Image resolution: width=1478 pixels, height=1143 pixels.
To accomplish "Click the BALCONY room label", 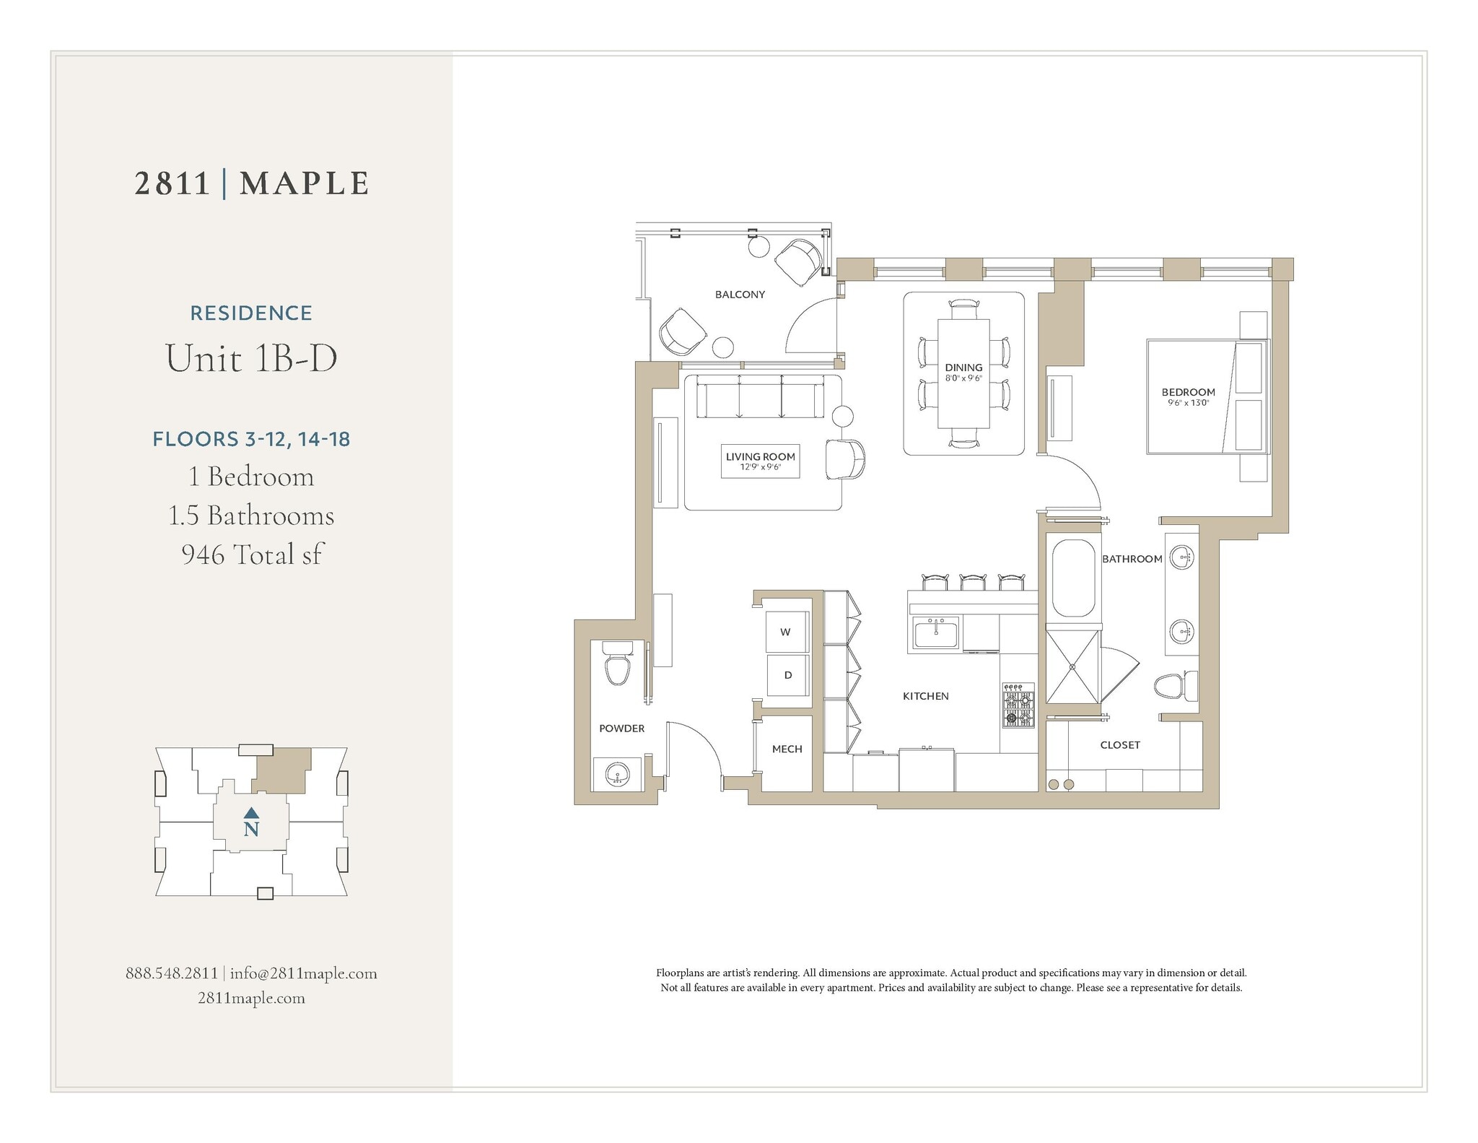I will point(740,295).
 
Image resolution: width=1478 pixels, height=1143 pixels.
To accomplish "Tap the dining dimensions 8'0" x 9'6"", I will point(963,378).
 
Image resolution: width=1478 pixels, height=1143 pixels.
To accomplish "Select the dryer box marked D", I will point(787,675).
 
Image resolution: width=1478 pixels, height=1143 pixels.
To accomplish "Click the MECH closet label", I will point(787,749).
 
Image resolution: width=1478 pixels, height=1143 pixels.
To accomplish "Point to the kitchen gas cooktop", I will point(1018,705).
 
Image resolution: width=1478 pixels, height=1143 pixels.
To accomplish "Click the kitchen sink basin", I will point(935,635).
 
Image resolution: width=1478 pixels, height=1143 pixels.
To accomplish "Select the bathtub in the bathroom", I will point(1073,578).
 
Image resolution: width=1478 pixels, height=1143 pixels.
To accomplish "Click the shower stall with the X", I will point(1072,666).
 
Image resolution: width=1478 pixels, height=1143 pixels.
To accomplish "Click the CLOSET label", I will point(1120,745).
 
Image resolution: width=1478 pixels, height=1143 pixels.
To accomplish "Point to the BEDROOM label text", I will point(1188,392).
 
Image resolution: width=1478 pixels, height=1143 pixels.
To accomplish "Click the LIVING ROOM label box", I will point(760,461).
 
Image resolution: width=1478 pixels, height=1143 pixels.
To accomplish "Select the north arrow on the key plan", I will point(251,813).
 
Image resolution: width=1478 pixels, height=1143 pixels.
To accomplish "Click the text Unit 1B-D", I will point(251,357).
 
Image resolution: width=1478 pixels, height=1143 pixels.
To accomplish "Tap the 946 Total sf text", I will point(251,555).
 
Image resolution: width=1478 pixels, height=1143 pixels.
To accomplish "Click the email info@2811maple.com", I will point(303,973).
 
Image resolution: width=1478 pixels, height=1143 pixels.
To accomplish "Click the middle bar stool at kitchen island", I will point(972,582).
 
